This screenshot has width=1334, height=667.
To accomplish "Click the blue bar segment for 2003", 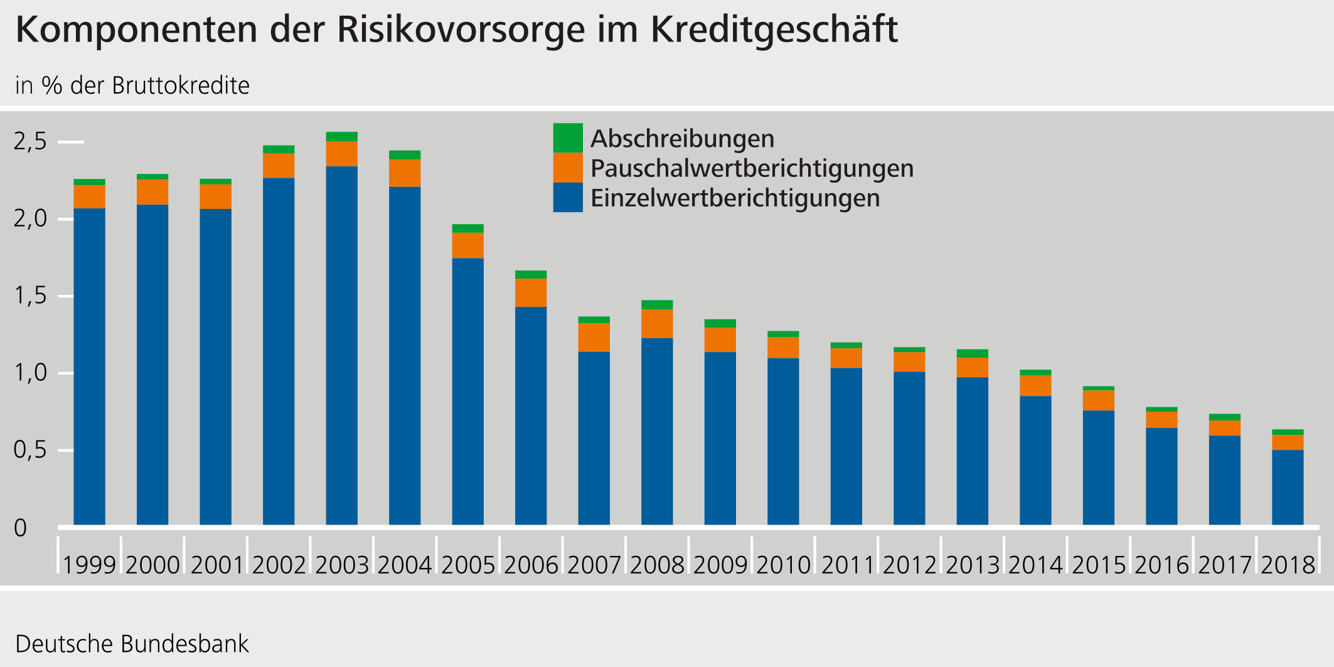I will click(341, 345).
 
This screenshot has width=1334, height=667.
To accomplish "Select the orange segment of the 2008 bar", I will click(657, 324).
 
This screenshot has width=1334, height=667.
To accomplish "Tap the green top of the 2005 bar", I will click(467, 228).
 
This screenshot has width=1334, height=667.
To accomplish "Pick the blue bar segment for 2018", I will click(1288, 487).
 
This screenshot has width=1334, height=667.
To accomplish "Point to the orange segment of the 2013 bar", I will click(972, 367).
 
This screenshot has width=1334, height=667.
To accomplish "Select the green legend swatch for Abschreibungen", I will click(567, 138).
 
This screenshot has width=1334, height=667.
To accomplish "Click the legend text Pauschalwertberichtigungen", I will click(752, 168).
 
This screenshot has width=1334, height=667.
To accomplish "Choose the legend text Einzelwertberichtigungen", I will click(735, 198).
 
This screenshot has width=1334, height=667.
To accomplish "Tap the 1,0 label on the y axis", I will click(30, 373).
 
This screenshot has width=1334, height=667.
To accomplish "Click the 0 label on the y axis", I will click(20, 528).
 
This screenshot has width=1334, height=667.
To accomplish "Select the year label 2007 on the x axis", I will click(594, 565).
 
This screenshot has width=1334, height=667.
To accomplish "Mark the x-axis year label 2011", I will click(846, 565).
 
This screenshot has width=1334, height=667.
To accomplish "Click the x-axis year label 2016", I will click(1161, 565).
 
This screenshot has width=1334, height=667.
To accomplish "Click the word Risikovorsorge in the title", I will click(461, 29).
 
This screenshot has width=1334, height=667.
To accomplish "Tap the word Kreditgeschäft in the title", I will click(774, 29).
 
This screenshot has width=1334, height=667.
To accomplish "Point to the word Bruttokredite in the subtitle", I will click(181, 85).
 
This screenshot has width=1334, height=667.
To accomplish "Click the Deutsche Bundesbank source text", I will click(132, 644).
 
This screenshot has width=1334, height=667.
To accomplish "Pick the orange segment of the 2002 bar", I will click(279, 166).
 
